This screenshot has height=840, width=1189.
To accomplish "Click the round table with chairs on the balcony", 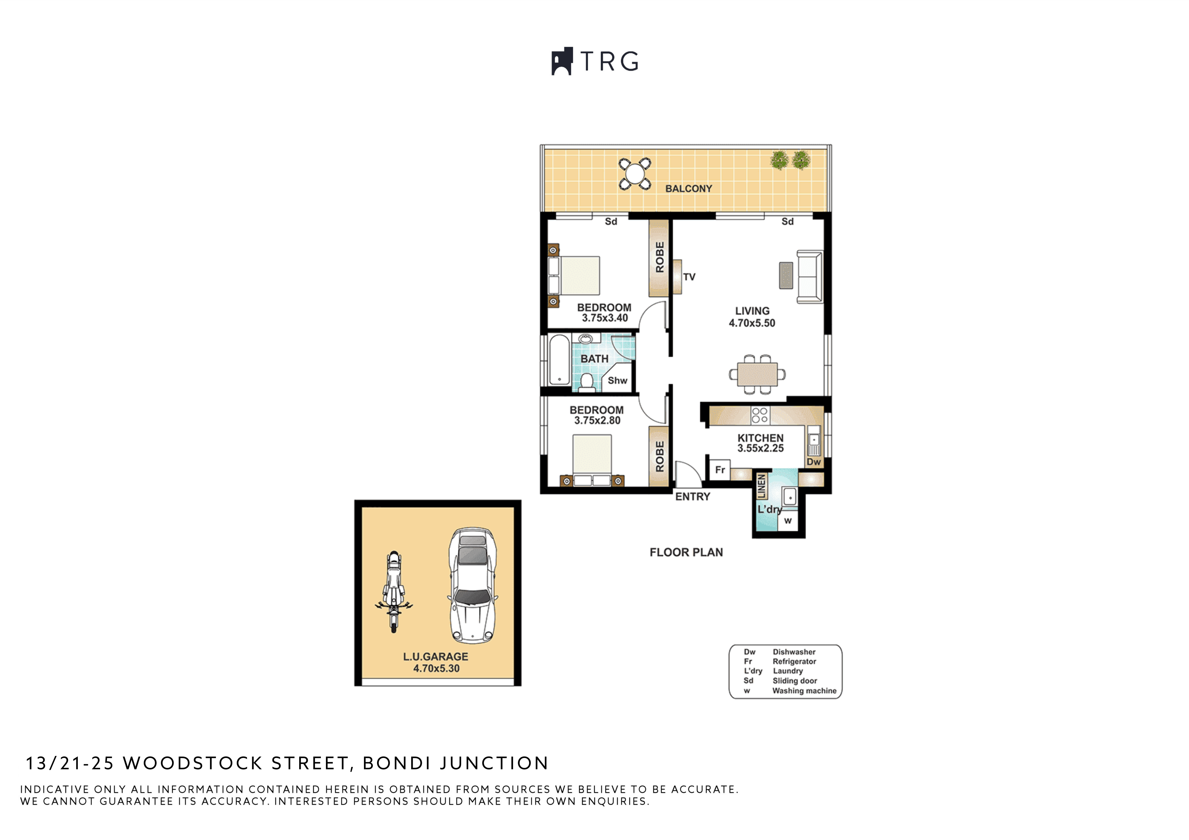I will tap(635, 174).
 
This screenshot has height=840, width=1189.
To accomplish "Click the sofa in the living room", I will tap(809, 277).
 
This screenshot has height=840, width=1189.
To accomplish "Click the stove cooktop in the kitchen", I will tap(760, 415).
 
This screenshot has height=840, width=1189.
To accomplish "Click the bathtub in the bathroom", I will tap(559, 360).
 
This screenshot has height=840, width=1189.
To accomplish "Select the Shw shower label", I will tap(617, 381).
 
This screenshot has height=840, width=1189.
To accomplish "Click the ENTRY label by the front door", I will tap(692, 497).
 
